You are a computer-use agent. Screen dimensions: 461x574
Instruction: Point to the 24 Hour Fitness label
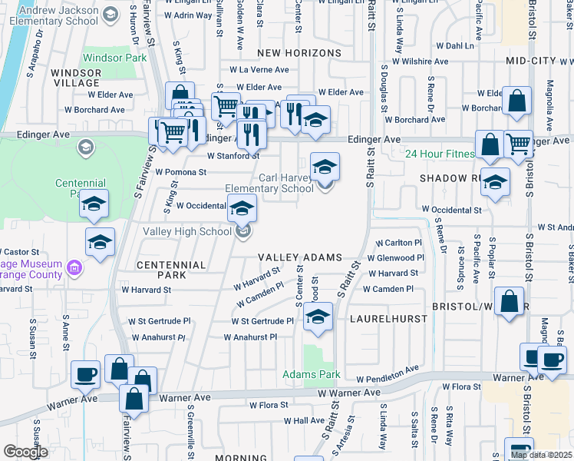click(440, 154)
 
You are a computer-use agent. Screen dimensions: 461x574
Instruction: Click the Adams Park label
click(311, 375)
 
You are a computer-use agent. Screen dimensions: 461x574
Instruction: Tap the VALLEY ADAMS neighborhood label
click(299, 258)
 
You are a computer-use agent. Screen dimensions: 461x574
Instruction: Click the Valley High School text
click(187, 231)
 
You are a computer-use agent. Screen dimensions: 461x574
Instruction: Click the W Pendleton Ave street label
click(388, 375)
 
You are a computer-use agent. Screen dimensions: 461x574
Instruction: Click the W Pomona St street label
click(181, 172)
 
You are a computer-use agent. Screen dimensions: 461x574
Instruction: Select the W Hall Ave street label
click(305, 420)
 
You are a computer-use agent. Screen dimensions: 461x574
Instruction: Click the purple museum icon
click(74, 268)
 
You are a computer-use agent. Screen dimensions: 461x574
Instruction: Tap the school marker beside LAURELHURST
click(317, 316)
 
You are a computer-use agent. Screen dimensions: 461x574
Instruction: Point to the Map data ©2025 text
click(541, 455)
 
